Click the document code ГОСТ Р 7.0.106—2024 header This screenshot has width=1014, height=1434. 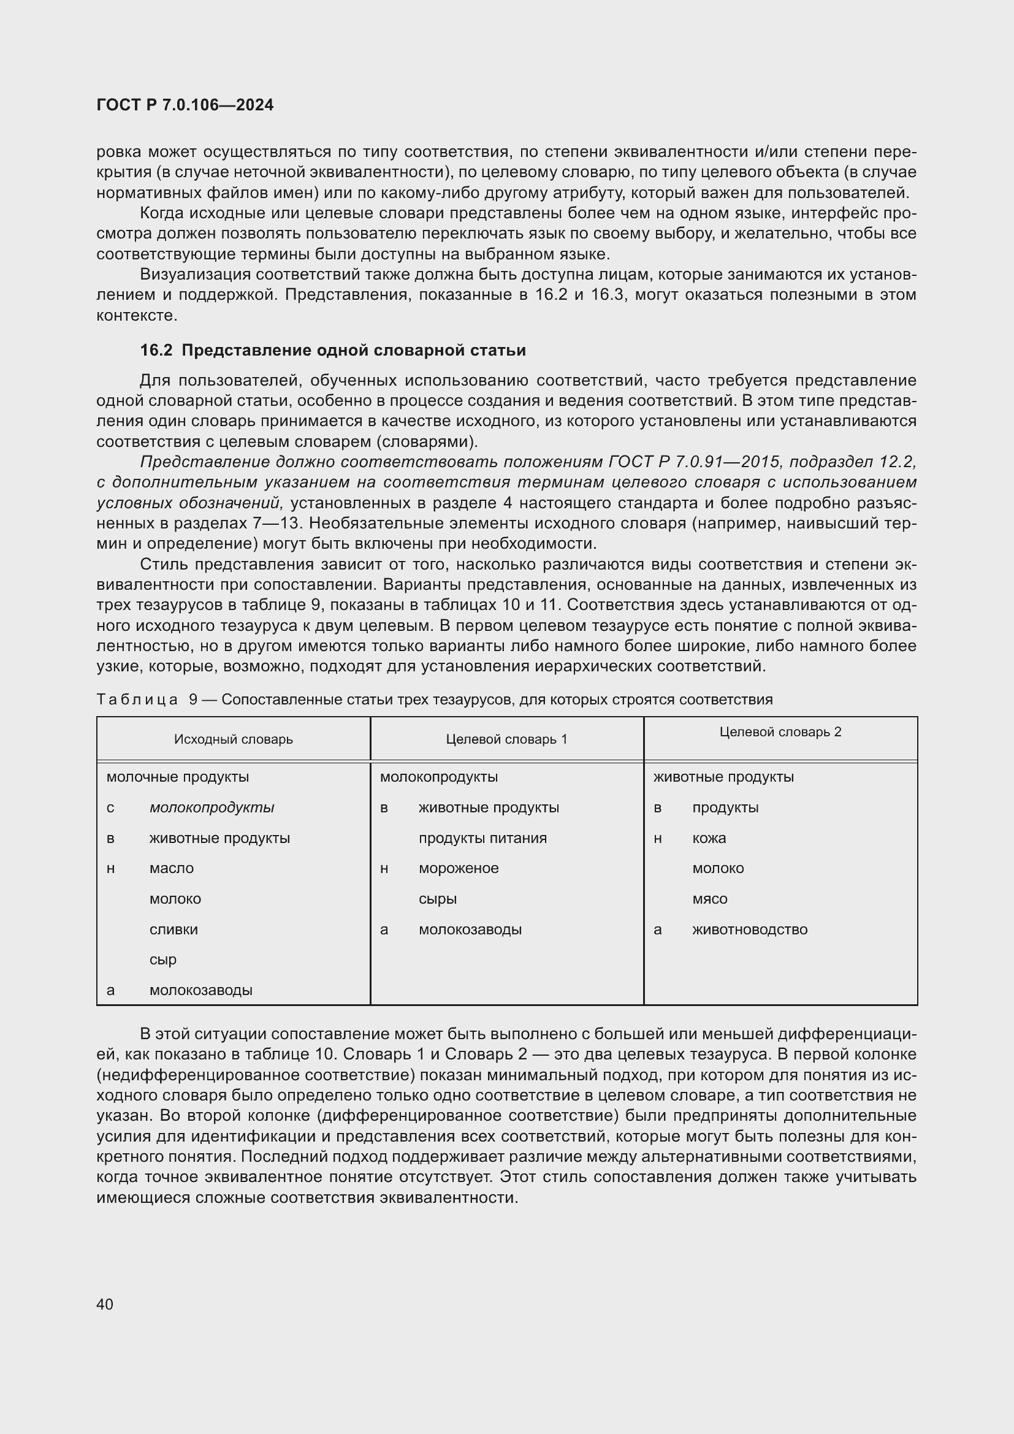(x=185, y=105)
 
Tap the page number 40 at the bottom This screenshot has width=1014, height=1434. (x=105, y=1304)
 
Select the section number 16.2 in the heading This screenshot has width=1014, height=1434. (x=156, y=351)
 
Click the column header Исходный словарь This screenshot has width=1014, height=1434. (x=233, y=739)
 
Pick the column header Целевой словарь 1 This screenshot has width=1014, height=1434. (x=506, y=739)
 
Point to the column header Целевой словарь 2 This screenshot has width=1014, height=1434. (x=780, y=732)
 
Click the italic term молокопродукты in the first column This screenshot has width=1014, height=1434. (x=212, y=807)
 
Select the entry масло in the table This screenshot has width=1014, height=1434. (x=171, y=868)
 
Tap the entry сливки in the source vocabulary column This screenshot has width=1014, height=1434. (x=173, y=929)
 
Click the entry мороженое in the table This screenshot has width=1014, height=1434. (x=459, y=868)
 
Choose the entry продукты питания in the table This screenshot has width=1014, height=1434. (x=482, y=838)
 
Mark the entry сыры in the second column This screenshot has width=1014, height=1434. (x=437, y=899)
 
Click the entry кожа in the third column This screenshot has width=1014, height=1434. (x=709, y=838)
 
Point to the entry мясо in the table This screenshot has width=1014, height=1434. (x=709, y=899)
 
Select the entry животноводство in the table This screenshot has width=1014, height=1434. (x=749, y=929)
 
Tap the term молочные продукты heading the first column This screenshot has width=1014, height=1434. (x=177, y=777)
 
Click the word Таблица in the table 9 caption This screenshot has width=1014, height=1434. (x=137, y=700)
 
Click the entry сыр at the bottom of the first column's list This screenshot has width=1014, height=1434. (x=162, y=959)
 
